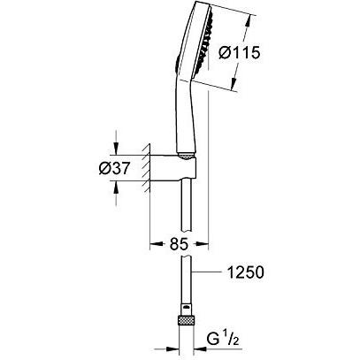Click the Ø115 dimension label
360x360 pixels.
click(239, 53)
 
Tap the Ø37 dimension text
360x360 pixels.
click(114, 169)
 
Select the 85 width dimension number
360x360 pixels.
click(179, 244)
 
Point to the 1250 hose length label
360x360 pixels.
click(245, 272)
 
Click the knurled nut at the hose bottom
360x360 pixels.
click(186, 321)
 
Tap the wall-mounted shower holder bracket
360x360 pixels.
click(172, 168)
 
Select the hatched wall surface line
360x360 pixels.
click(147, 168)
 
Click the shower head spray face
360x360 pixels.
click(202, 42)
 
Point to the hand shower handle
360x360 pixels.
click(186, 118)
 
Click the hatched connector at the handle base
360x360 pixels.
click(187, 157)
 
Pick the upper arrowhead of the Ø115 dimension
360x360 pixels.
click(249, 21)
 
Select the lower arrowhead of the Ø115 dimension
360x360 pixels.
click(234, 84)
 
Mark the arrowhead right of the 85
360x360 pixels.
click(202, 244)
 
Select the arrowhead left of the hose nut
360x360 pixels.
click(172, 349)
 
